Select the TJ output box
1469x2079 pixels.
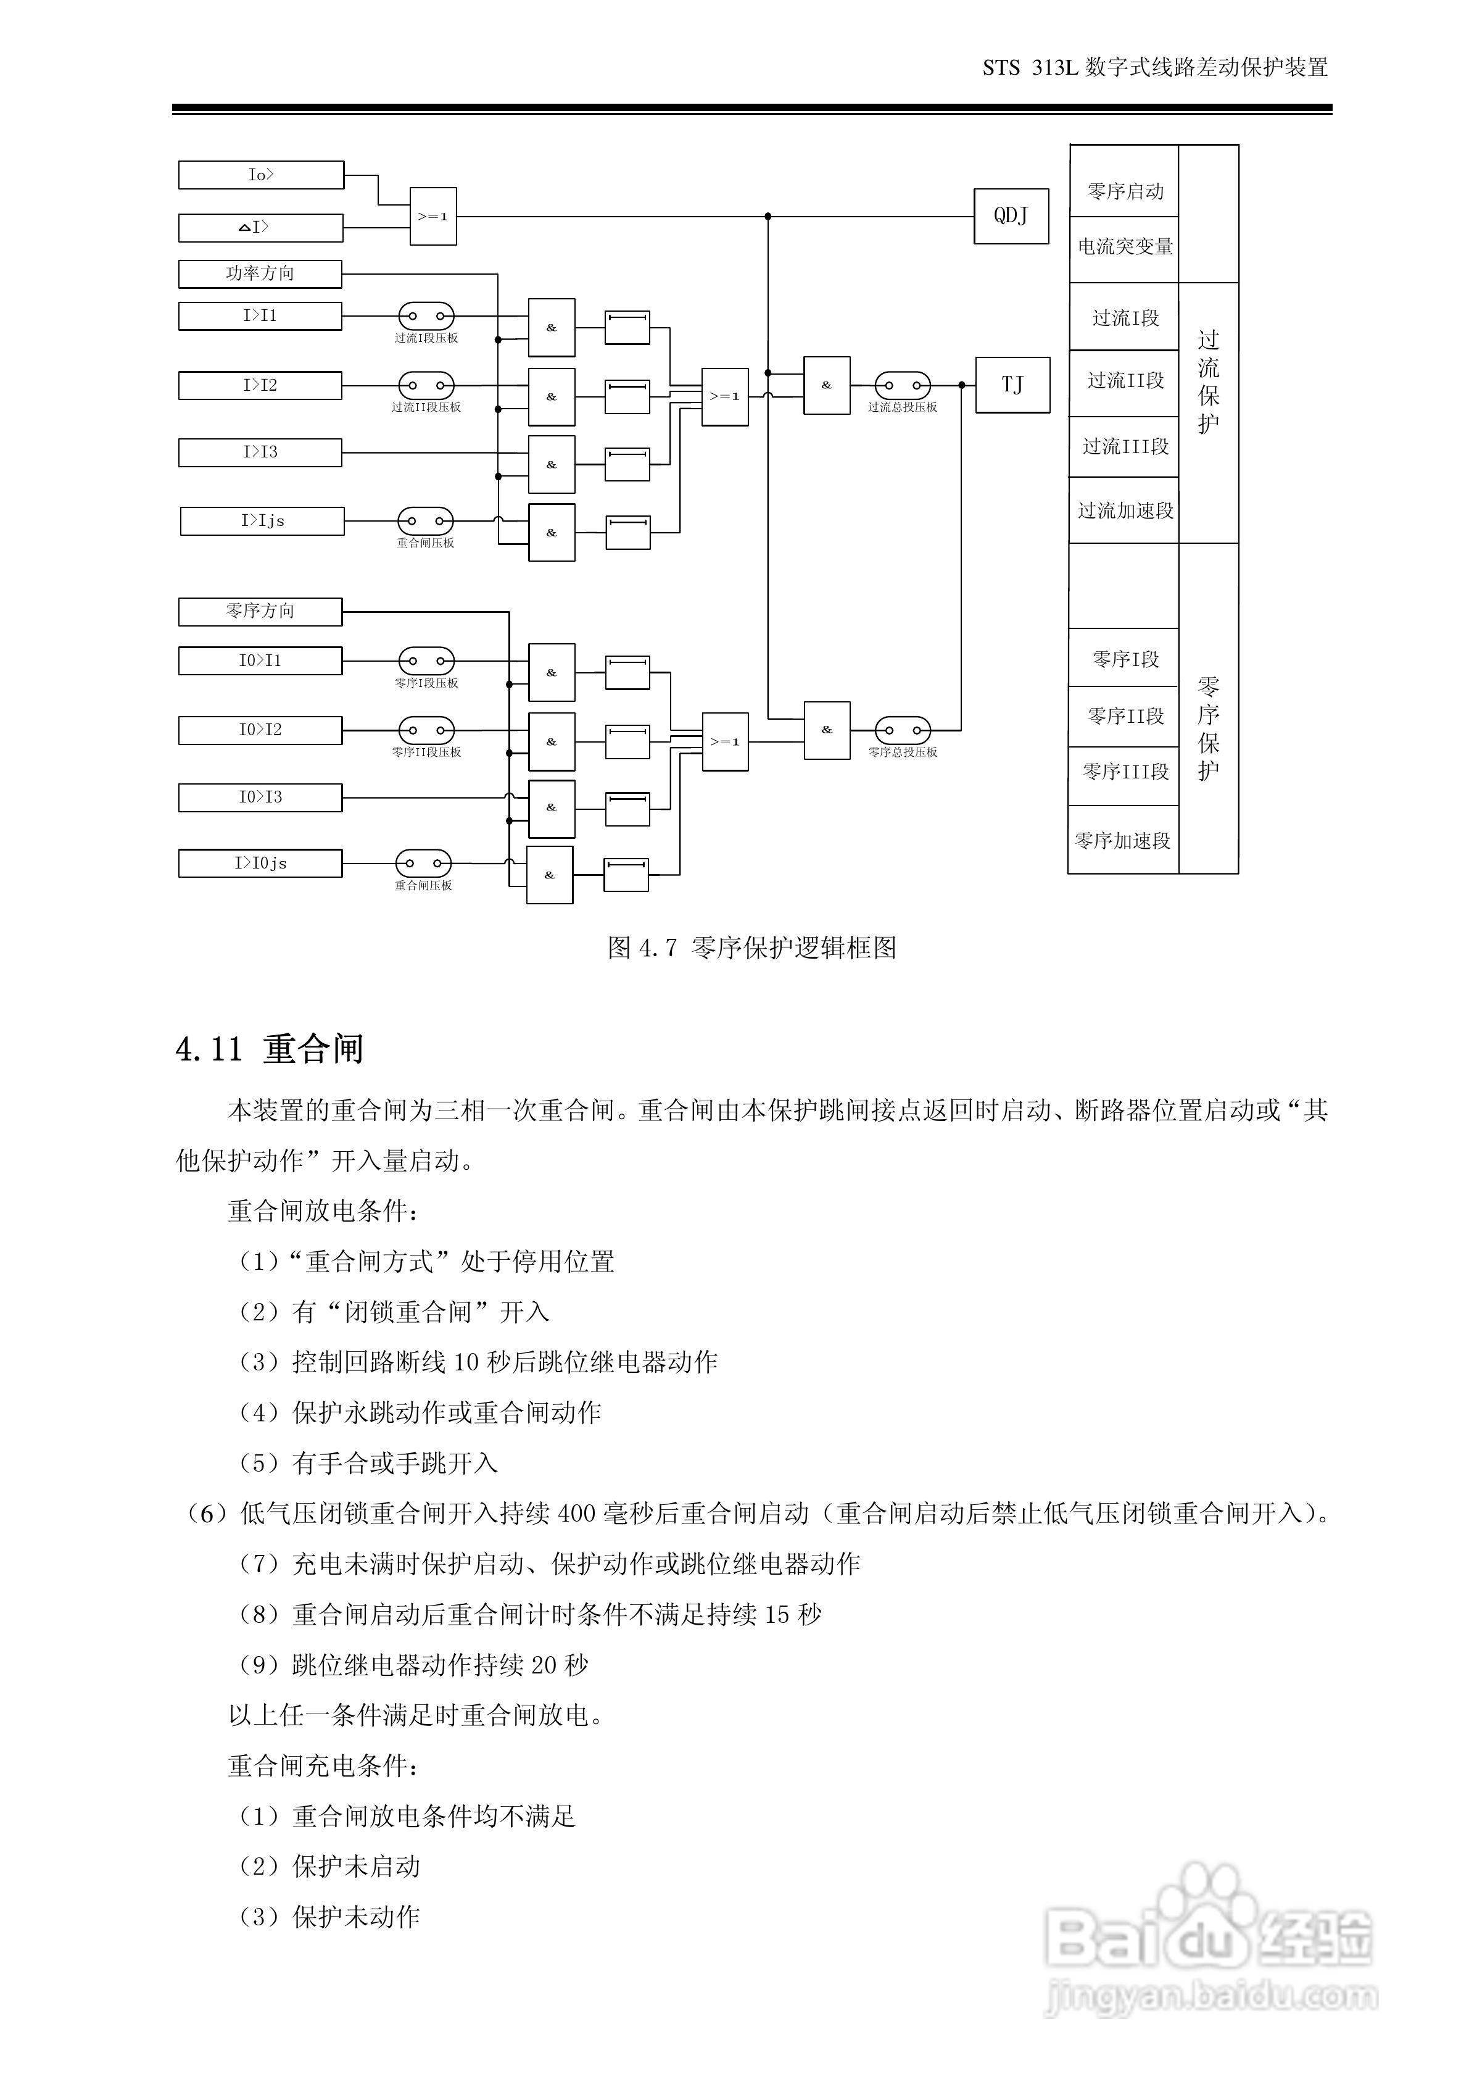[x=1012, y=385]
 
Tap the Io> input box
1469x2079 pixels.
[x=261, y=175]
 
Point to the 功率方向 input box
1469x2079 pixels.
[x=260, y=273]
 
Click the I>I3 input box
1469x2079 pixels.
[x=260, y=452]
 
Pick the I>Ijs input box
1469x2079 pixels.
[x=262, y=520]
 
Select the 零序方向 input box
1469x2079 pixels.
[x=260, y=611]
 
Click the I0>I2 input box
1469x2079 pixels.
[x=260, y=730]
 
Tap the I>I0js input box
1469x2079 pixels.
[x=260, y=863]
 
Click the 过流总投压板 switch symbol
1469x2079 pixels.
[x=903, y=385]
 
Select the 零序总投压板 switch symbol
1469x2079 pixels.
[x=903, y=730]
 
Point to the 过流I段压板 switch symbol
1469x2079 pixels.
[x=426, y=316]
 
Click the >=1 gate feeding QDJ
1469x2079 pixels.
[x=432, y=217]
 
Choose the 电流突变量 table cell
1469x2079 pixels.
[x=1124, y=247]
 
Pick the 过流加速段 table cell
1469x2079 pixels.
[x=1124, y=510]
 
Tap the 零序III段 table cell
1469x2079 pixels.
[x=1124, y=772]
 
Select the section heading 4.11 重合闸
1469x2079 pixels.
[x=269, y=1049]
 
